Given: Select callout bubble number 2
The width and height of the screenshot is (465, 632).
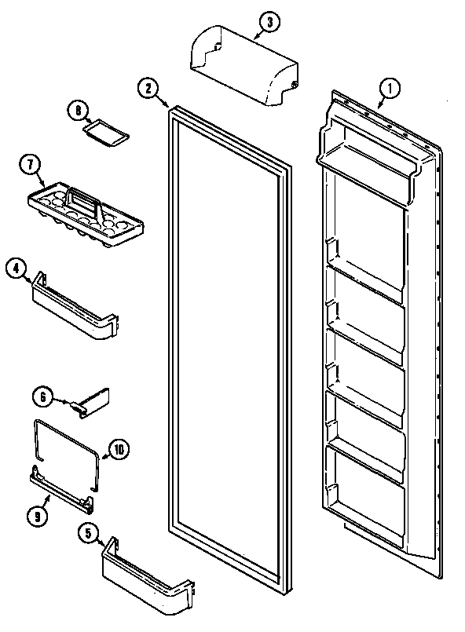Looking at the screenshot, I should [x=147, y=88].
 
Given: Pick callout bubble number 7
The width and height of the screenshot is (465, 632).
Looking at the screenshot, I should [x=29, y=166].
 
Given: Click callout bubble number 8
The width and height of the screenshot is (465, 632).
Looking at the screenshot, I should [x=77, y=111].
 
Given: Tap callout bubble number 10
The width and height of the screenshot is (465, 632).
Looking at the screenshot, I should [x=119, y=450].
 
